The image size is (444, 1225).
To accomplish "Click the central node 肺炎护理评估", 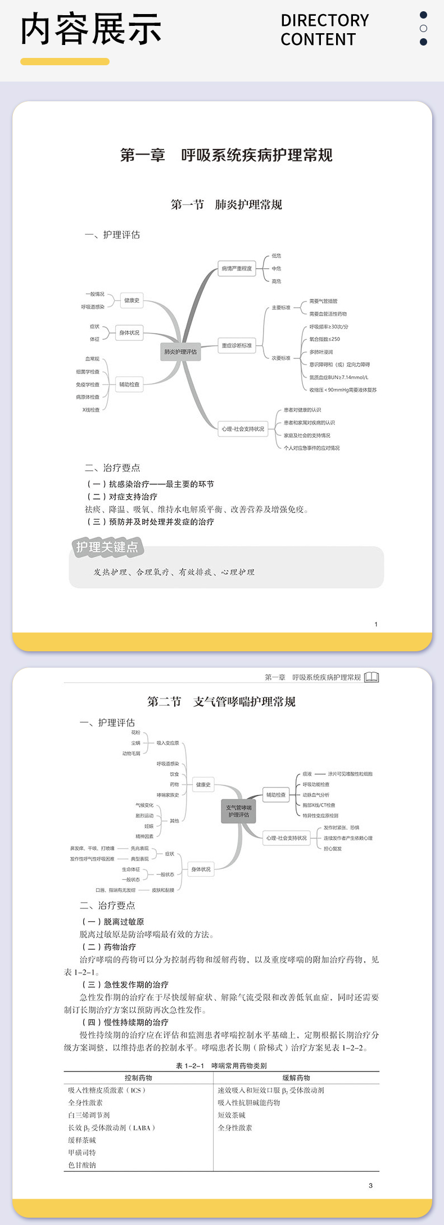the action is point(180,352).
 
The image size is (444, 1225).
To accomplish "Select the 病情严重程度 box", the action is point(237,268).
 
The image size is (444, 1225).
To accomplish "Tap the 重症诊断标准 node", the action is point(237,345).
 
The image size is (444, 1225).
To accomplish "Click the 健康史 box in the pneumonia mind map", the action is point(132,300).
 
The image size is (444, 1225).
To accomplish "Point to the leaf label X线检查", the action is point(91,409).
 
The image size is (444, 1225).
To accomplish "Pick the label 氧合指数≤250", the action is point(325,339).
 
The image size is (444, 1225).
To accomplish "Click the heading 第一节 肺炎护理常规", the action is point(226,204).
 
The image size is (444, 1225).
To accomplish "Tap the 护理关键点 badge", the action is point(107,547).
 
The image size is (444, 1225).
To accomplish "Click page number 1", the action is point(376,624).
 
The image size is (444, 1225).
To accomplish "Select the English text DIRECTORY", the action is point(325,21).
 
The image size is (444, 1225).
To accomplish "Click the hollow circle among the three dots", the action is point(423,28).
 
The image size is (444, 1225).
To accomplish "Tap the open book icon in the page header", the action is point(371,677).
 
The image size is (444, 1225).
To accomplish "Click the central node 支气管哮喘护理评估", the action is point(239,811).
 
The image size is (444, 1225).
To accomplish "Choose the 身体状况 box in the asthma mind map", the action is point(201,869).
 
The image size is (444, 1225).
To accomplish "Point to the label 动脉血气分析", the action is point(316,795).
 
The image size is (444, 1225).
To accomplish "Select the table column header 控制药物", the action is point(138,1078).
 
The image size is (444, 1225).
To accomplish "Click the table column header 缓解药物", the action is point(296,1078).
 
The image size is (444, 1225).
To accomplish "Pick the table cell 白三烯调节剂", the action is point(89,1115).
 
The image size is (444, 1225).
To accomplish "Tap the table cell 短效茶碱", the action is point(232,1115).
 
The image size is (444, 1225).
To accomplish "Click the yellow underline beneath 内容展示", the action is point(65,62).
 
